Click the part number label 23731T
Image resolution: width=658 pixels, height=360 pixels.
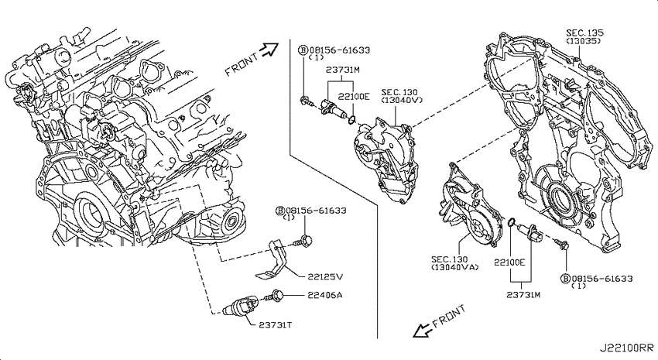click(x=276, y=324)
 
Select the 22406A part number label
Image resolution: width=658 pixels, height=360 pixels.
click(x=325, y=295)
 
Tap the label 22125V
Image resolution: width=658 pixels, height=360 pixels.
click(x=325, y=276)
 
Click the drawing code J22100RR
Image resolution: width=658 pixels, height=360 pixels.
click(x=626, y=348)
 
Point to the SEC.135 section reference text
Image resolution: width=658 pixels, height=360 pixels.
click(x=584, y=33)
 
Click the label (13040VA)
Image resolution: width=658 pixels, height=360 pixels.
click(x=455, y=267)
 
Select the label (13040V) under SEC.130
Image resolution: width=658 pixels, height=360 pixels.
click(x=402, y=100)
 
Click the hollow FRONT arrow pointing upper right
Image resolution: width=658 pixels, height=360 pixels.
click(x=269, y=50)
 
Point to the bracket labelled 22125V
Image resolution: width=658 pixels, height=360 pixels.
click(x=272, y=259)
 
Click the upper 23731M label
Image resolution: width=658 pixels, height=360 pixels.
click(x=343, y=70)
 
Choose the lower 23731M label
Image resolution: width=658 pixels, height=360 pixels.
click(x=523, y=294)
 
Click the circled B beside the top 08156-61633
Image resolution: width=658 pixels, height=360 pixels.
click(x=303, y=50)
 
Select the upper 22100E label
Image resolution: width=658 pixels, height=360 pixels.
click(x=354, y=97)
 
